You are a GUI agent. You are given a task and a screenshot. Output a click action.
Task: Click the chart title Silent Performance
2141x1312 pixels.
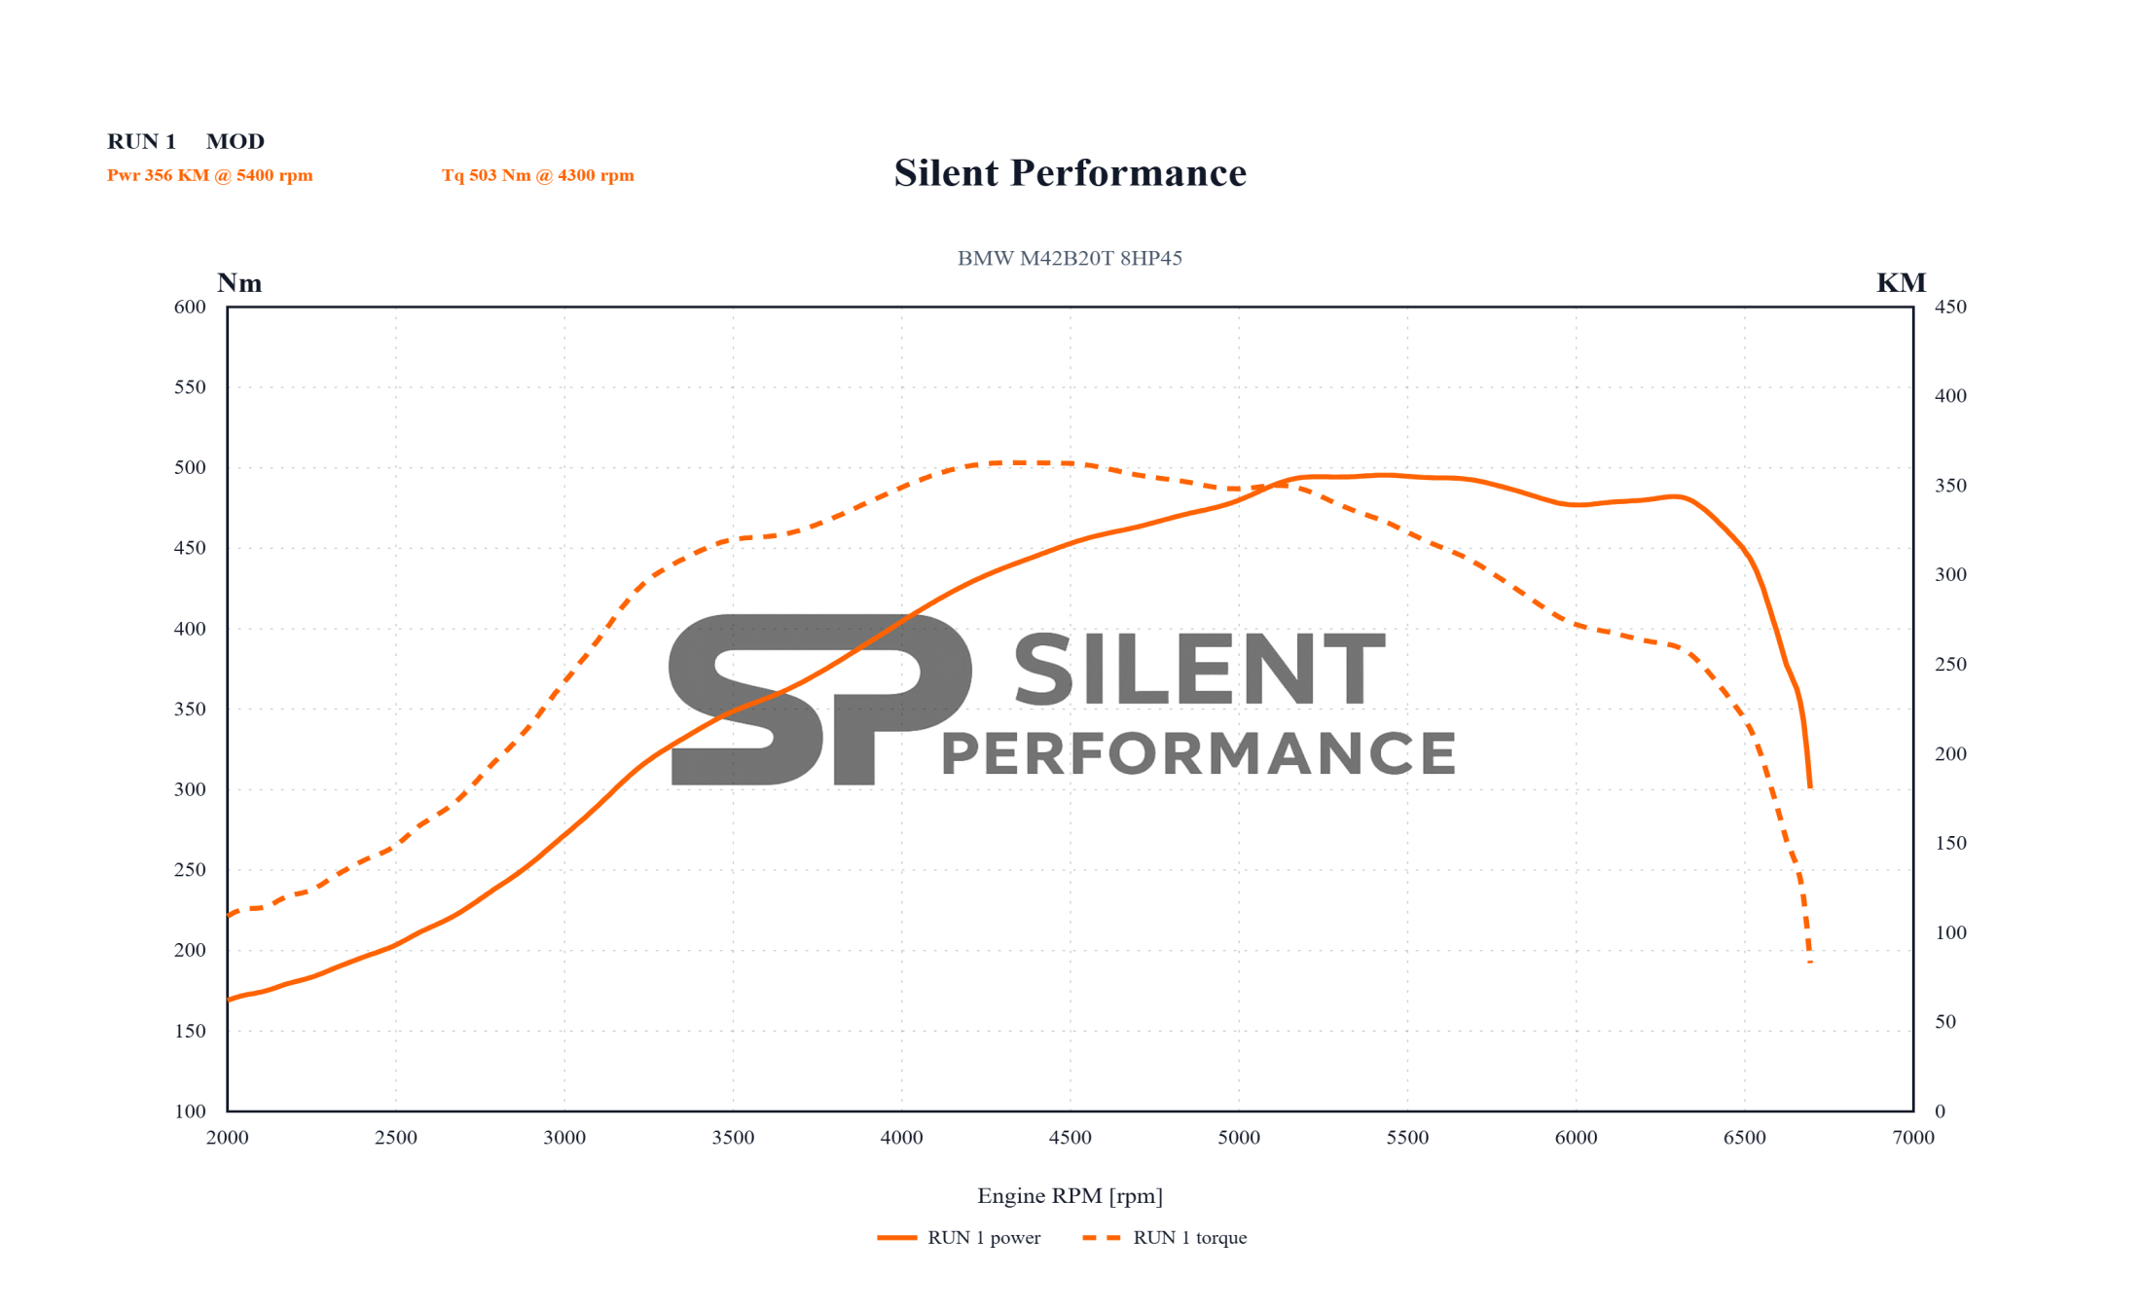point(1070,173)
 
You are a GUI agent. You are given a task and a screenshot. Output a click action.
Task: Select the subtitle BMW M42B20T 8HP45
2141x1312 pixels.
point(1070,258)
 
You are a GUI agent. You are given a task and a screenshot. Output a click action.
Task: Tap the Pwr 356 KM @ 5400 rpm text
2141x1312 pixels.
point(209,175)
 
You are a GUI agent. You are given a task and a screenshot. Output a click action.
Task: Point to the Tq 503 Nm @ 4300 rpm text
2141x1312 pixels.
point(537,175)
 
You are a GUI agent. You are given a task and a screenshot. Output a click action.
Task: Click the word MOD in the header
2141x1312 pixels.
point(235,141)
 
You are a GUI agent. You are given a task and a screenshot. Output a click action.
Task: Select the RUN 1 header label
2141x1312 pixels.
point(141,141)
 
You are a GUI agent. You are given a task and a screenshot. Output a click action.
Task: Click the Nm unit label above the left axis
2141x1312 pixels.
point(239,283)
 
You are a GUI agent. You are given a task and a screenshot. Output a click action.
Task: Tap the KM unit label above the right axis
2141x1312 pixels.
point(1901,283)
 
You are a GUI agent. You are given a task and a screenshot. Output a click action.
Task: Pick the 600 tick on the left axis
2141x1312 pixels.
point(190,307)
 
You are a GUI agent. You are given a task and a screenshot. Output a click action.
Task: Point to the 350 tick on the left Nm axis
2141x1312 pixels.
point(190,709)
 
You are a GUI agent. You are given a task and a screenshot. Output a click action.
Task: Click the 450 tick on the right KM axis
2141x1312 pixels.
point(1950,307)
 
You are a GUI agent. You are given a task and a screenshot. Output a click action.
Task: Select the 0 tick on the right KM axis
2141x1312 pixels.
point(1940,1111)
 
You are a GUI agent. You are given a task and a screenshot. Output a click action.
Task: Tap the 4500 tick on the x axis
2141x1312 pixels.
point(1070,1138)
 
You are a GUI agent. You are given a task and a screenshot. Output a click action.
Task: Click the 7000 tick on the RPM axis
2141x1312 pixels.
point(1912,1138)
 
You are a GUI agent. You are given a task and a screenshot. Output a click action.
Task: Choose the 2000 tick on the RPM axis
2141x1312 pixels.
point(228,1138)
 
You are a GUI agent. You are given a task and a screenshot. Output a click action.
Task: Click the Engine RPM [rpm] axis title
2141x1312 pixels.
point(1070,1195)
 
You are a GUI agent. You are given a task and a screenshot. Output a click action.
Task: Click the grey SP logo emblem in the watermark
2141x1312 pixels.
point(819,699)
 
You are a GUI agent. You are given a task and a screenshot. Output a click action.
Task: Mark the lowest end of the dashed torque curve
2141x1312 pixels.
point(1810,961)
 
